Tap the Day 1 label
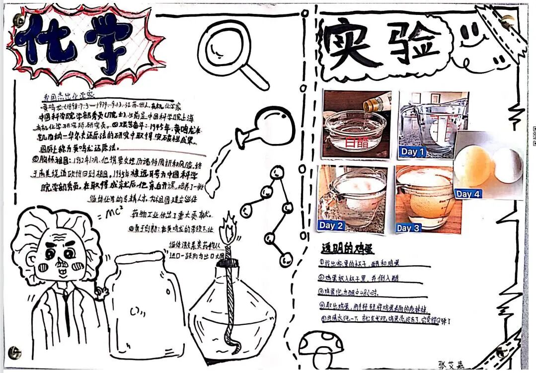[x=413, y=151]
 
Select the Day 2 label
[x=331, y=225]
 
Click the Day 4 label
[x=468, y=194]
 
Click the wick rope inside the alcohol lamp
[x=230, y=303]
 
